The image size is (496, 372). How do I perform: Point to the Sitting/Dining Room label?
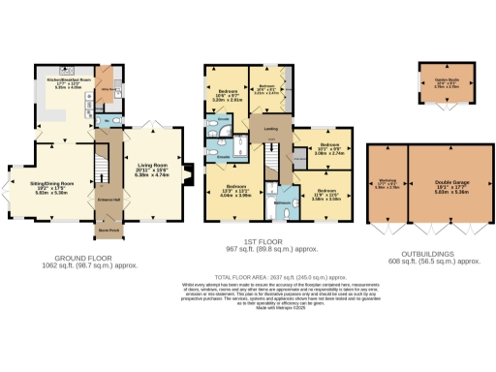[x=54, y=186]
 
